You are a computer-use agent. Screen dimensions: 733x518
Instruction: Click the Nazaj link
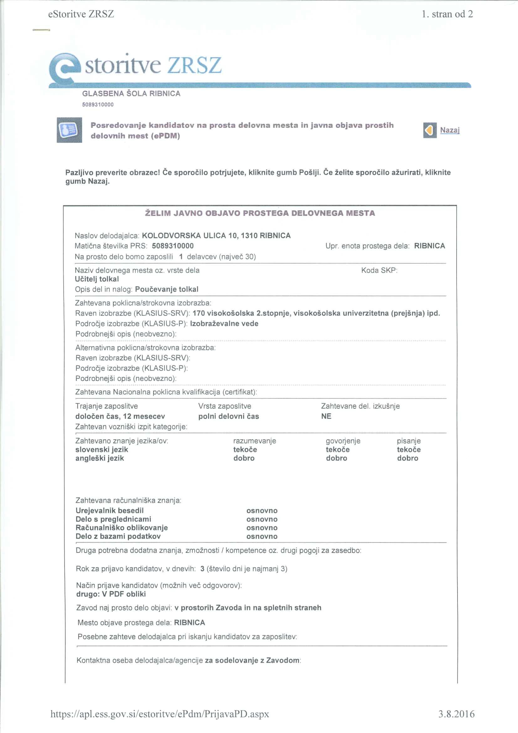point(449,130)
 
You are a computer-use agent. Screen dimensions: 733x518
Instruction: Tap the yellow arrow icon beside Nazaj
point(430,130)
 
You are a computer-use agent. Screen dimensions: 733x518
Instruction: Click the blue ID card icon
point(69,130)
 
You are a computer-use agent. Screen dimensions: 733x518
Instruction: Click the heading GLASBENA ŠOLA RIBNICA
point(131,93)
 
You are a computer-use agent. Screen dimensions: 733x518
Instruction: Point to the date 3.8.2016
point(456,714)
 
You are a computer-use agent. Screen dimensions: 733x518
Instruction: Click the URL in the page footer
point(160,714)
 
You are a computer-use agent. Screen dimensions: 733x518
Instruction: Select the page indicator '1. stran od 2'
point(447,14)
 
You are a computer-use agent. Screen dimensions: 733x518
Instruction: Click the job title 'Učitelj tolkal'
point(97,279)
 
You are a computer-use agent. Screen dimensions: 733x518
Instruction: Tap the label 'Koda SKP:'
point(379,270)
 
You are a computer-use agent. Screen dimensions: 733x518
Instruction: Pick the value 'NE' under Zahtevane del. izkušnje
point(326,416)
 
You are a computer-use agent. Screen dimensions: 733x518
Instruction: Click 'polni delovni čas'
point(228,416)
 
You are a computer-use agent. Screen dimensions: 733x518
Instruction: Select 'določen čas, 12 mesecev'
point(120,416)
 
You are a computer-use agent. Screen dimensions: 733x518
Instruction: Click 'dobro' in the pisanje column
point(408,458)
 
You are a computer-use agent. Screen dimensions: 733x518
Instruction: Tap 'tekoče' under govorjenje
point(338,450)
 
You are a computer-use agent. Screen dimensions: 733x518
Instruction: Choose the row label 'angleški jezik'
point(100,458)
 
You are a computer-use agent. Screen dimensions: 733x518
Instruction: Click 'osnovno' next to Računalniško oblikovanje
point(262,528)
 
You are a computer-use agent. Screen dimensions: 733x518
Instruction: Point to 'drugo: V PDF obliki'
point(111,594)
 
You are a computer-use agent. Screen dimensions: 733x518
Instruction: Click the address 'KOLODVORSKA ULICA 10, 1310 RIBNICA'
point(216,236)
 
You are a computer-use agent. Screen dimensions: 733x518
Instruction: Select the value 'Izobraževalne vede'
point(224,324)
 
